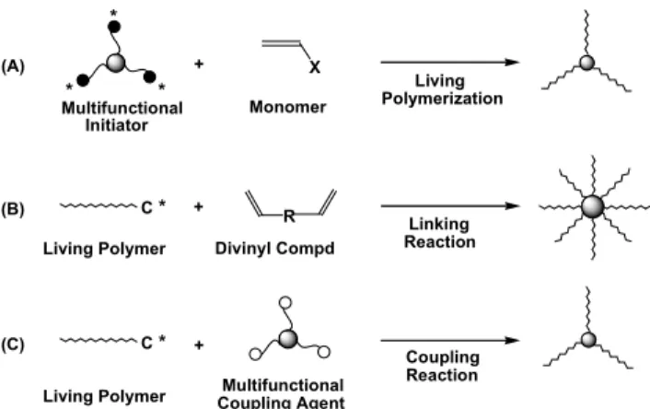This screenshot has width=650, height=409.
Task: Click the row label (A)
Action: coord(13,66)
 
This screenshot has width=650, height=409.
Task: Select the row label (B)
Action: coord(13,209)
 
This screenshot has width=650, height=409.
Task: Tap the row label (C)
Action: coord(13,345)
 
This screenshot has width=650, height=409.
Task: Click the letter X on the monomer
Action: coord(315,67)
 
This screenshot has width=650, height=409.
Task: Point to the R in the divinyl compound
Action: coord(289,216)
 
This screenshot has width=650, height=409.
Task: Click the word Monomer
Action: coord(287,107)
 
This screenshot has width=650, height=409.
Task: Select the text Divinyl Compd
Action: coord(275,249)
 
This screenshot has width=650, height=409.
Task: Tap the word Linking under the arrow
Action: coord(439,225)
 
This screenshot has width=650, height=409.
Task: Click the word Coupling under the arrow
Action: coord(443,358)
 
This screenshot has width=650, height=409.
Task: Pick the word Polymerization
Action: coord(442,99)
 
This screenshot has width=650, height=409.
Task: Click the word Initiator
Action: coord(117,125)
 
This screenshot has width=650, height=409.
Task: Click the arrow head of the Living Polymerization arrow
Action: coord(512,63)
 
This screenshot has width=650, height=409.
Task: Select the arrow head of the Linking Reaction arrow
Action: coord(512,205)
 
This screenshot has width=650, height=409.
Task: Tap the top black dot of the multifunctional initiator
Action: coord(114,27)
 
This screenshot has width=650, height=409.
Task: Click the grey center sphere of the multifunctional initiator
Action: coord(116,63)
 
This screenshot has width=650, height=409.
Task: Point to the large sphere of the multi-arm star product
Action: coord(593,206)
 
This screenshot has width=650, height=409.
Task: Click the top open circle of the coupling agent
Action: coord(285,302)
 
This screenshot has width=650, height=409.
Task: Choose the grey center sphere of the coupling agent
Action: coord(288,339)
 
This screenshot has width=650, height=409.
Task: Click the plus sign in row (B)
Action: coord(199,206)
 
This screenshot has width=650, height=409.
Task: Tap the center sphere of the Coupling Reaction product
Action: coord(588,340)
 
